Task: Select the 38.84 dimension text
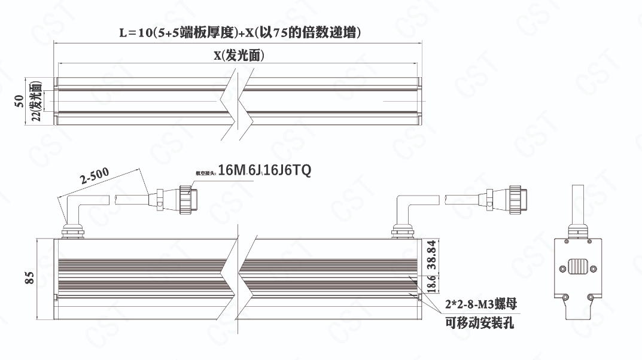coord(431,256)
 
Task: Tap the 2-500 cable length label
coord(95,177)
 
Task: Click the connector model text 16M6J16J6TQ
coord(264,171)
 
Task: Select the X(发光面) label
coord(239,55)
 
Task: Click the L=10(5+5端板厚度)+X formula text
coord(239,32)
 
